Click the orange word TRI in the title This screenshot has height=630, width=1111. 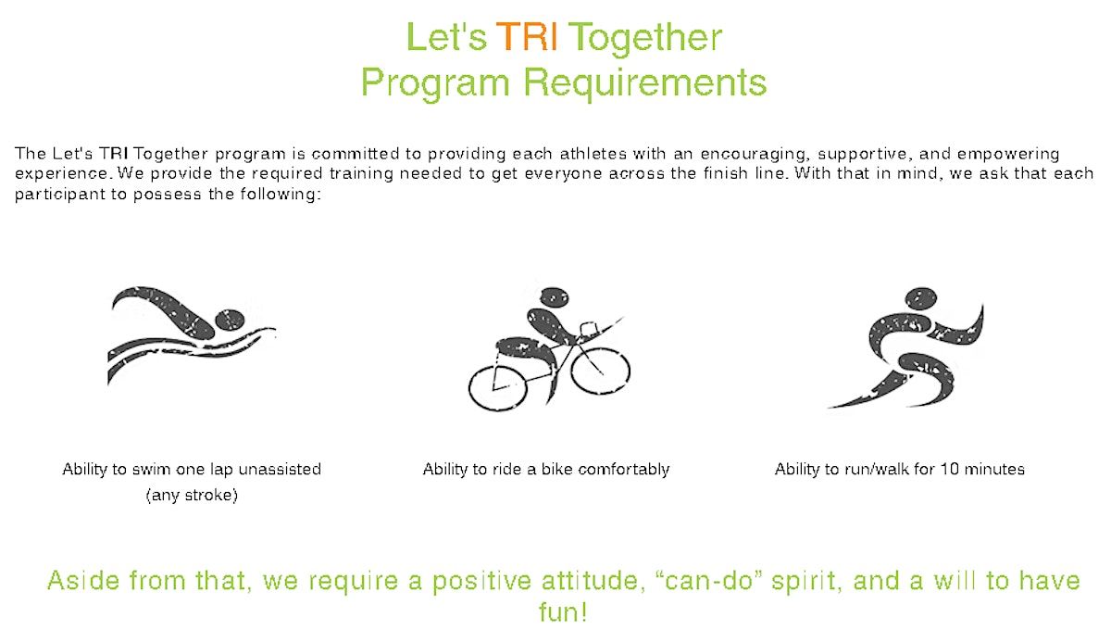pyautogui.click(x=526, y=37)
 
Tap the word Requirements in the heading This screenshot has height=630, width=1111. pyautogui.click(x=645, y=82)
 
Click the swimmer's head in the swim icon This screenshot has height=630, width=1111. pyautogui.click(x=230, y=320)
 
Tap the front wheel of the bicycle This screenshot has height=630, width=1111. pyautogui.click(x=600, y=371)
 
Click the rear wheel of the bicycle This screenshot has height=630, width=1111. pyautogui.click(x=497, y=389)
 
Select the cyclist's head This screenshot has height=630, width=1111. pyautogui.click(x=554, y=296)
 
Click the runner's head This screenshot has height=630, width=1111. pyautogui.click(x=921, y=299)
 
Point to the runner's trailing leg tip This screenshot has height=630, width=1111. pyautogui.click(x=830, y=407)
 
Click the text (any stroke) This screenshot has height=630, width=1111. pyautogui.click(x=192, y=495)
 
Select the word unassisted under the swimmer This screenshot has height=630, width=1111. pyautogui.click(x=280, y=469)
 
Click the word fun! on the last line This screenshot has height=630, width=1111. pyautogui.click(x=563, y=611)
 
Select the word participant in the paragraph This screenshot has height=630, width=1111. pyautogui.click(x=60, y=195)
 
